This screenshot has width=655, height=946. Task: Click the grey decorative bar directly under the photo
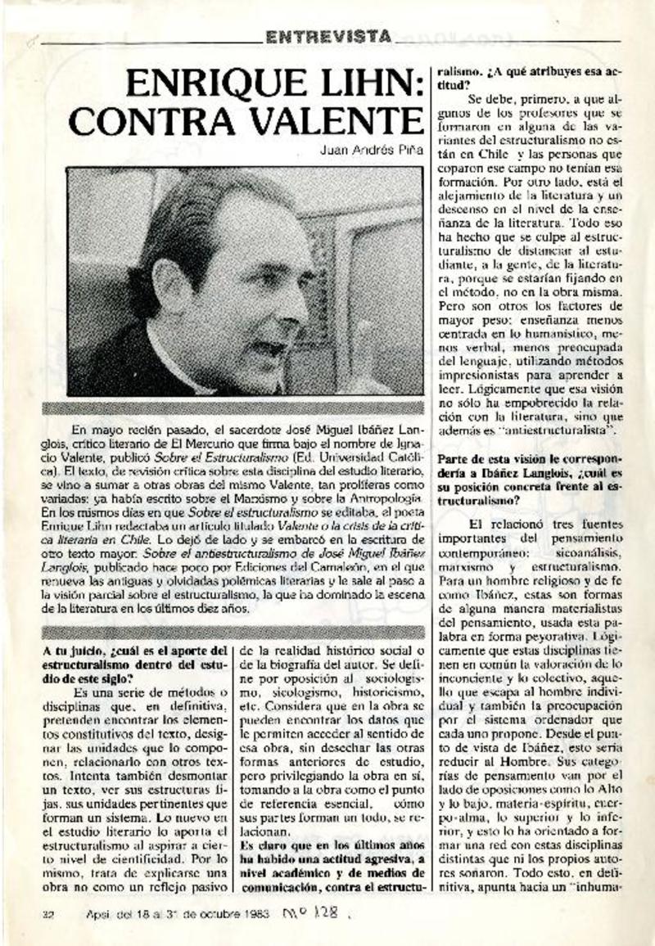[x=245, y=408]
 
